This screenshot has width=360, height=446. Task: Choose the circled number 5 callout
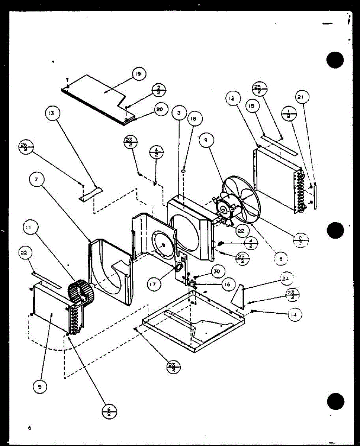pyautogui.click(x=40, y=387)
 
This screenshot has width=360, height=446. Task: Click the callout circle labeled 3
pyautogui.click(x=179, y=113)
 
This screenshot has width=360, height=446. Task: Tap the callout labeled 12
pyautogui.click(x=231, y=99)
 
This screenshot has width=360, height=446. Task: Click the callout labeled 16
pyautogui.click(x=228, y=285)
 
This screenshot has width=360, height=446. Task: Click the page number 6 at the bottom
pyautogui.click(x=29, y=428)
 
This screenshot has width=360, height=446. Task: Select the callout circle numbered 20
pyautogui.click(x=160, y=111)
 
